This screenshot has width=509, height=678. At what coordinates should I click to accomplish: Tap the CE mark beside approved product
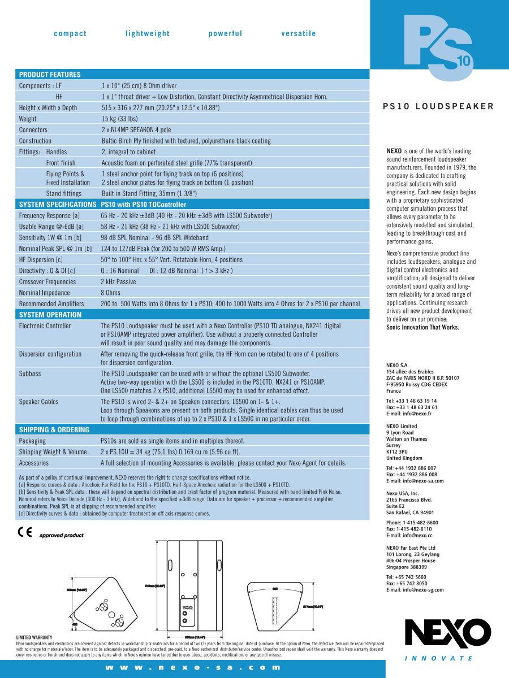pos(25,533)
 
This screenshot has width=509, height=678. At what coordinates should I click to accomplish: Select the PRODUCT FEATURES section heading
pos(50,75)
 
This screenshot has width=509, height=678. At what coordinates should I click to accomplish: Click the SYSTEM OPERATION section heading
pos(50,315)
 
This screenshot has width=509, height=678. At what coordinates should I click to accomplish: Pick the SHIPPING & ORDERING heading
pos(54,430)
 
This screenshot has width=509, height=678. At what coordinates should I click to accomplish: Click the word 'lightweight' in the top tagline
pos(148,34)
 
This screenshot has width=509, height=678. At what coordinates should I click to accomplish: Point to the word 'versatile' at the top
pos(299,34)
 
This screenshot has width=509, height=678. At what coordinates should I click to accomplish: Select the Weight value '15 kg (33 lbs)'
pos(120,119)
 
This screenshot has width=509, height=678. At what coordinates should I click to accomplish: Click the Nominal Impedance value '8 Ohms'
pos(110,293)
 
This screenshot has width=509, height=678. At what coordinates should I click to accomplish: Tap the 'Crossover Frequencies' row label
pos(47,282)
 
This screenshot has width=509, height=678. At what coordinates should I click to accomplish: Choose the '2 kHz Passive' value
pos(118,282)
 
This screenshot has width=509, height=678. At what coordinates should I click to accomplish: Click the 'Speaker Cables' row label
pos(38,402)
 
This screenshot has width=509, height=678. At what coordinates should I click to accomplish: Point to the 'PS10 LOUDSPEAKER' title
pos(438,106)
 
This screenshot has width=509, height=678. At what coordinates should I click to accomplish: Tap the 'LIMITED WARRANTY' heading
pos(34,637)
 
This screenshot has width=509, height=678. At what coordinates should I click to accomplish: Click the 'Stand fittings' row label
pos(64,194)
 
